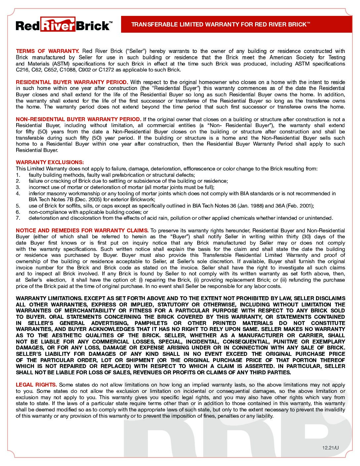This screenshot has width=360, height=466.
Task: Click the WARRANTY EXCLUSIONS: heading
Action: pos(50,163)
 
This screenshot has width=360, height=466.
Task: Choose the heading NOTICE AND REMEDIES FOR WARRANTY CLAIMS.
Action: pos(82,230)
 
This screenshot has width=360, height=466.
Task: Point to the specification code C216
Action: pos(22,70)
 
